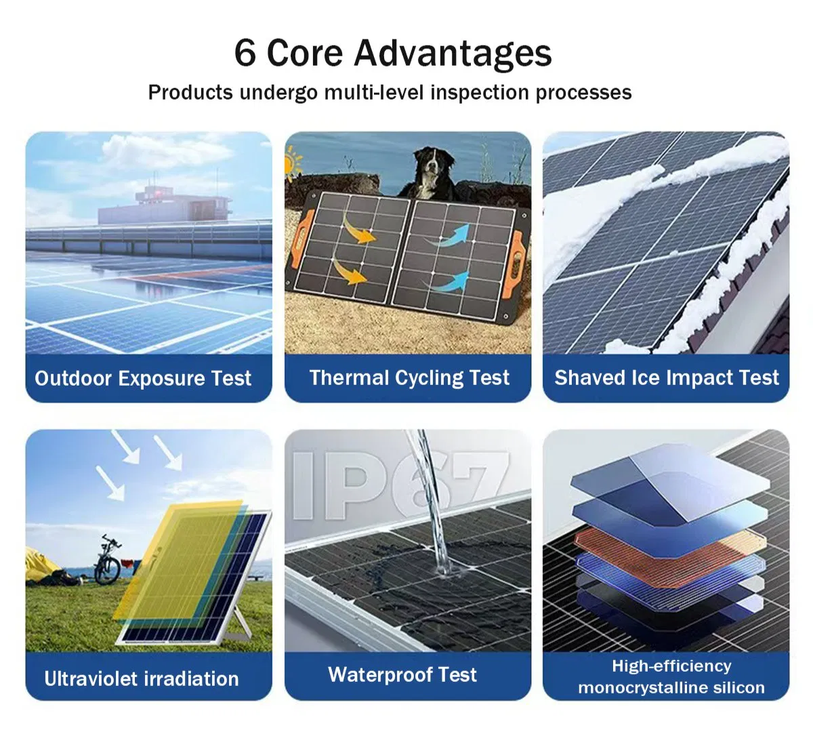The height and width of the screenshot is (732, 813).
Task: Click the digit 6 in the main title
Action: pos(245,54)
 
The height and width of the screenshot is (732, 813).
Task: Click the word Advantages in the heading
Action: pos(453,54)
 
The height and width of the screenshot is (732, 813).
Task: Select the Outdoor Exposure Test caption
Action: pos(143,378)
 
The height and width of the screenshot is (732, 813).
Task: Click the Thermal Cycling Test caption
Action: pos(409,378)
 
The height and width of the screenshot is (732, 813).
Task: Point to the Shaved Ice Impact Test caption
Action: pos(667,378)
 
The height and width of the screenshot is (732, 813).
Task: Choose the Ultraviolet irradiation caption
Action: pos(142,678)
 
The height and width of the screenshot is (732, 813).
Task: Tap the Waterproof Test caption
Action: pos(402,674)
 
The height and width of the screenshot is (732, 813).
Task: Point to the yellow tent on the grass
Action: pos(41,566)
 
